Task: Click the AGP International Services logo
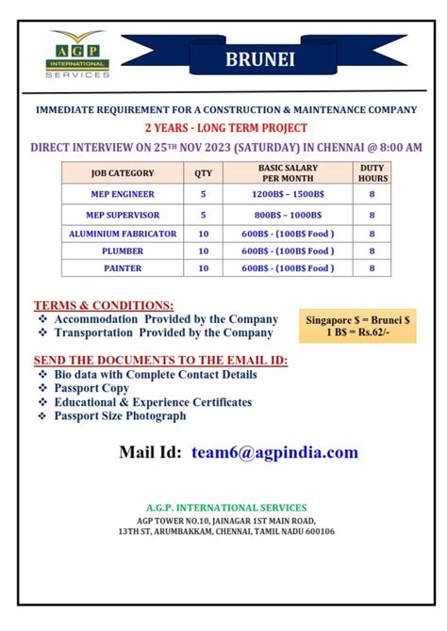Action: pos(79,54)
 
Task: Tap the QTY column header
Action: pos(204,173)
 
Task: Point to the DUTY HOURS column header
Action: pos(372,173)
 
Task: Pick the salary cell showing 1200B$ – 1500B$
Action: pos(288,196)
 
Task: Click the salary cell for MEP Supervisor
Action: pos(288,215)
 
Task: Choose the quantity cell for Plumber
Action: pos(204,251)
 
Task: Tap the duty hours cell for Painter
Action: pos(372,268)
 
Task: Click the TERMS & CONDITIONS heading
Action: pos(104,306)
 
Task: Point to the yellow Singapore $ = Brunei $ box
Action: pos(357,326)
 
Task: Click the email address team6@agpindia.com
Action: pos(274,453)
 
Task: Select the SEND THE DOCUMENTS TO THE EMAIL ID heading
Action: pos(160,361)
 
